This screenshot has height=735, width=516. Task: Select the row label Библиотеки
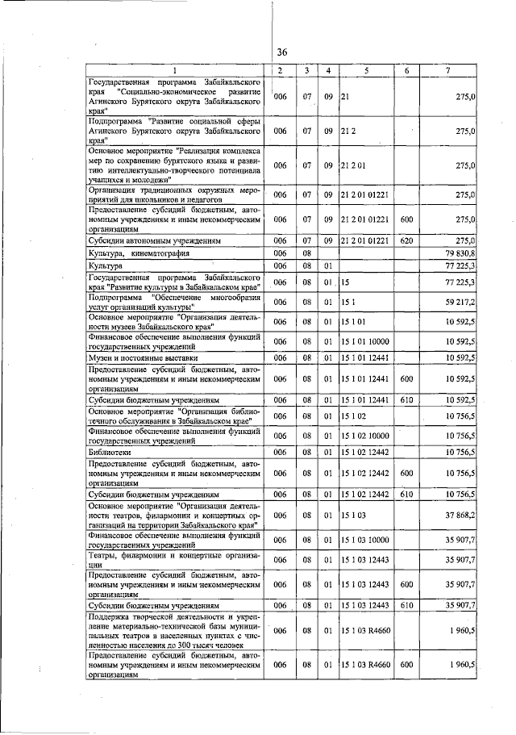point(112,454)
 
